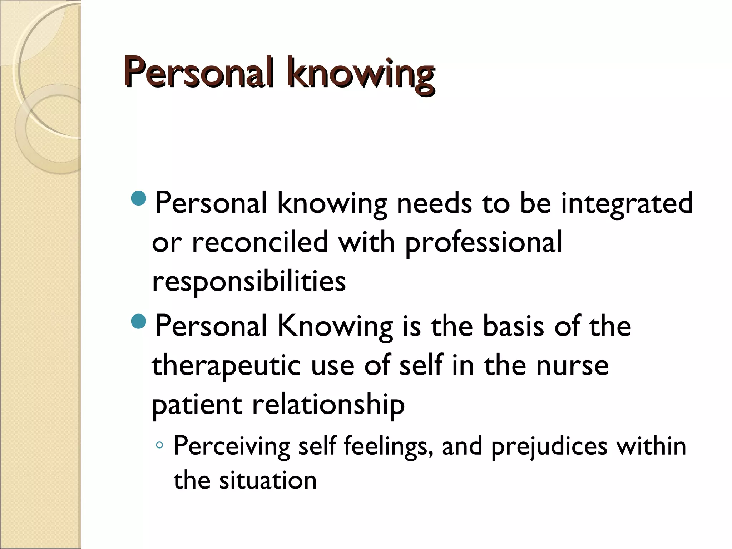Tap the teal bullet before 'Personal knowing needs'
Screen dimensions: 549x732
click(139, 199)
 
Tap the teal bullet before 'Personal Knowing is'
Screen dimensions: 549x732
click(139, 321)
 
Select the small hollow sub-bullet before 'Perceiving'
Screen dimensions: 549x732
click(160, 445)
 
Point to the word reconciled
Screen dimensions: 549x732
click(260, 242)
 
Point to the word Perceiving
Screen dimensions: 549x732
click(232, 447)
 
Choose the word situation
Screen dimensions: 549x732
click(268, 480)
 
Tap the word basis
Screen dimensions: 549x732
click(514, 326)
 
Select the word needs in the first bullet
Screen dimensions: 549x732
click(434, 203)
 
